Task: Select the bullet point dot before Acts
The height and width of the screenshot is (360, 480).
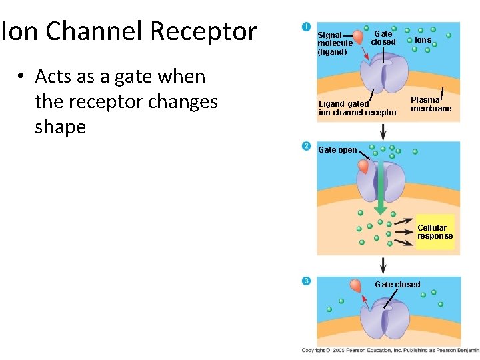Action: point(21,77)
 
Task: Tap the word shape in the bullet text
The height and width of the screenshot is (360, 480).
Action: point(60,127)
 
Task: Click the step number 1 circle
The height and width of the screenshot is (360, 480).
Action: point(306,27)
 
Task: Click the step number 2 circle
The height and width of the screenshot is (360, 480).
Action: point(306,146)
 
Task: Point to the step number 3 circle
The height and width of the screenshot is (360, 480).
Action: point(306,281)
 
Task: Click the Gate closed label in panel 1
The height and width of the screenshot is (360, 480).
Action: point(383,37)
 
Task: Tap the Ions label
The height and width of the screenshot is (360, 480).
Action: point(423,40)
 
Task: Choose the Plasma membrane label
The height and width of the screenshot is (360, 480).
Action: point(431,104)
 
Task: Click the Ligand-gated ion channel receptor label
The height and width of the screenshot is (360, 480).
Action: point(357,108)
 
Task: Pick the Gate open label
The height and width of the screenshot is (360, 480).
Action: point(337,150)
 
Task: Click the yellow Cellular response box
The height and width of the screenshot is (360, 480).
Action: point(435,232)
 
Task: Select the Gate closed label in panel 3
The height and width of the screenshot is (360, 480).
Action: point(397,285)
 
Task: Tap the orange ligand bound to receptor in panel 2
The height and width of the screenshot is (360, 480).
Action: point(364,166)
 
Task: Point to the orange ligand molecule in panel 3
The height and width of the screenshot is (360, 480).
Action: point(356,285)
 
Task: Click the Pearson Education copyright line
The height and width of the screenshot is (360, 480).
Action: point(390,350)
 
